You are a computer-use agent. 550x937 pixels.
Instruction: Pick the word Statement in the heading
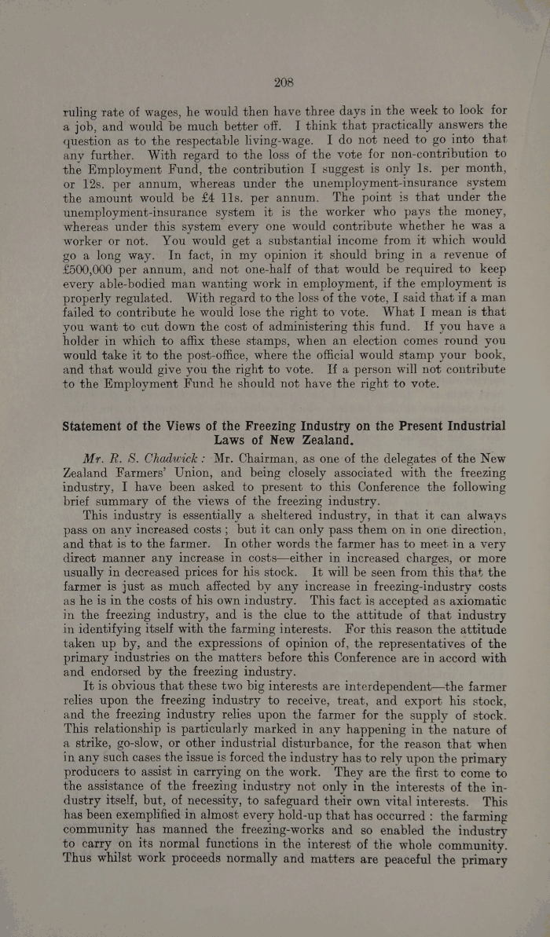[102, 426]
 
